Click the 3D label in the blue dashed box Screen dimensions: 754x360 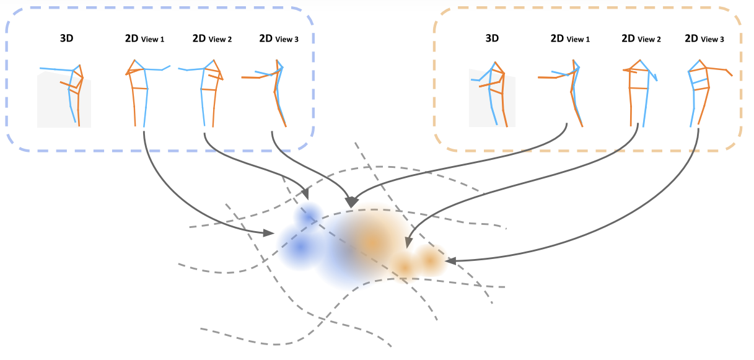(67, 38)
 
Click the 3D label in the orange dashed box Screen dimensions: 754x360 (492, 38)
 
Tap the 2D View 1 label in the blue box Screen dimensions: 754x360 (145, 39)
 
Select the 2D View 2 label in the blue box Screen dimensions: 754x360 (212, 39)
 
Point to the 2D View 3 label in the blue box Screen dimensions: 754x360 (279, 39)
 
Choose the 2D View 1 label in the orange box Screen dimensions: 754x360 (570, 39)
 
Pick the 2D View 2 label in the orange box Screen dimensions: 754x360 (641, 39)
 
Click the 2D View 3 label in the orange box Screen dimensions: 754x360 (704, 39)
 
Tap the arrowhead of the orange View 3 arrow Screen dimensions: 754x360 (450, 261)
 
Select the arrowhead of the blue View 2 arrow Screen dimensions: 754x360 (305, 194)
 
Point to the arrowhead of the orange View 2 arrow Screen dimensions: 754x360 (408, 242)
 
